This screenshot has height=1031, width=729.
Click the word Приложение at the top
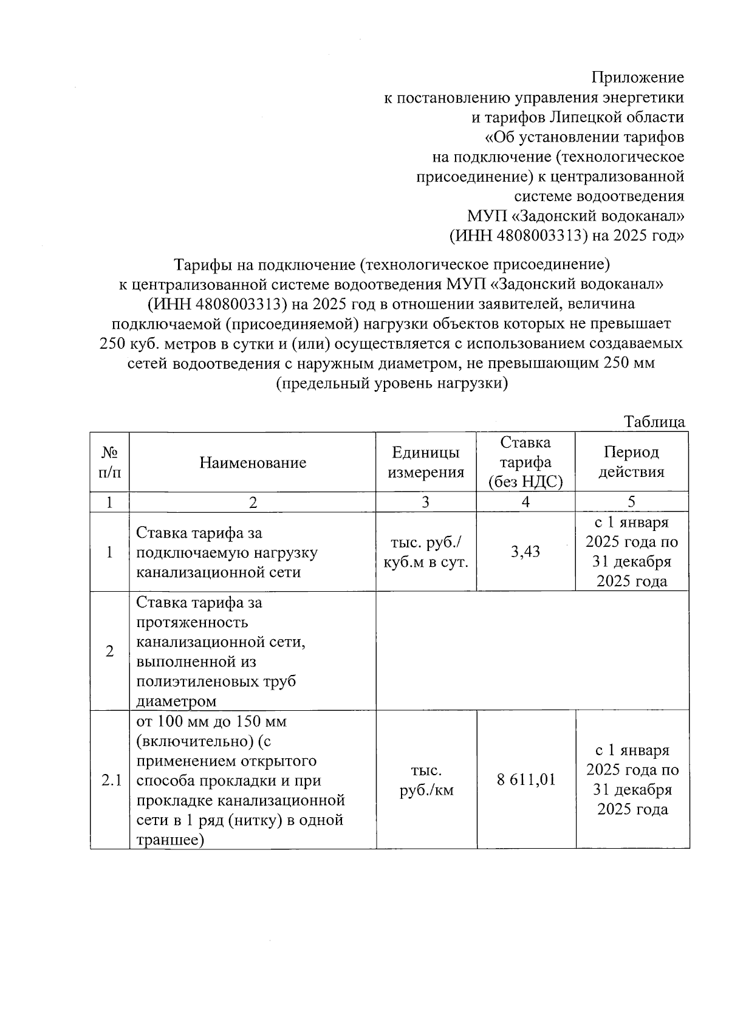637,78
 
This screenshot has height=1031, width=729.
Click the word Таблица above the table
654,422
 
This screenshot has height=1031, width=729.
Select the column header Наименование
253,463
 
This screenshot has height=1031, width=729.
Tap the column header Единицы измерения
426,462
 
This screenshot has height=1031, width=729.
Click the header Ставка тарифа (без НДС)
526,462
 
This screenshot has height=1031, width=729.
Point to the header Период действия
632,462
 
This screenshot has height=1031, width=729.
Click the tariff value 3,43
526,552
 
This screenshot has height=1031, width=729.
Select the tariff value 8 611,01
526,779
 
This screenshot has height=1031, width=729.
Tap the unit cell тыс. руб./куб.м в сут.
426,552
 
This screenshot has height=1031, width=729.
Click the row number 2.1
110,780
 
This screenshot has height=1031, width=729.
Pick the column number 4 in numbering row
526,502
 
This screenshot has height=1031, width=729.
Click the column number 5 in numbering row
632,502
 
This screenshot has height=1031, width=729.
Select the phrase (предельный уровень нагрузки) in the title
392,384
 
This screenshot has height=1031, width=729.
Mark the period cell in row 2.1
632,779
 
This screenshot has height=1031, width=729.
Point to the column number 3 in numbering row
426,502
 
